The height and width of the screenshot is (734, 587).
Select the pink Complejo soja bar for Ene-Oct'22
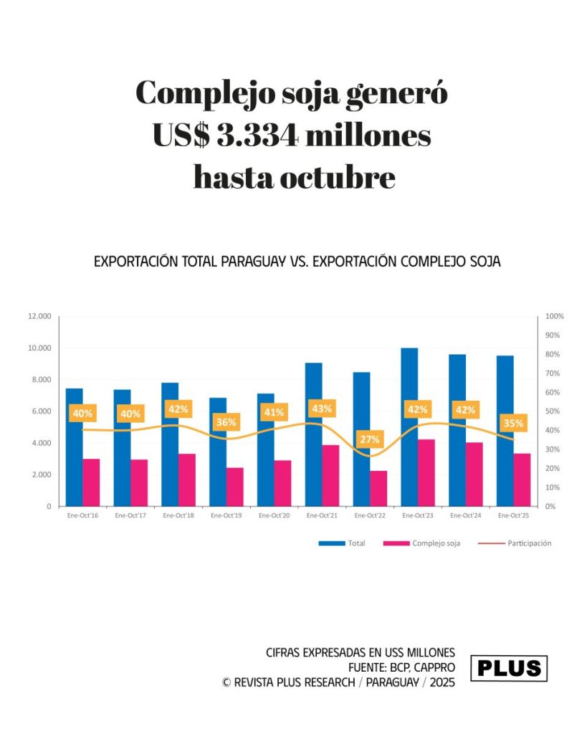pyautogui.click(x=378, y=488)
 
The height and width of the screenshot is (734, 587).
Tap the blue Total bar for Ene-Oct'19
pyautogui.click(x=218, y=452)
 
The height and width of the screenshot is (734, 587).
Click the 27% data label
pyautogui.click(x=370, y=439)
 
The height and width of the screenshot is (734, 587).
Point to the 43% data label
pyautogui.click(x=322, y=409)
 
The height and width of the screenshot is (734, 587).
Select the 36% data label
pyautogui.click(x=226, y=422)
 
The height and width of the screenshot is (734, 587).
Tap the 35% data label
pyautogui.click(x=513, y=423)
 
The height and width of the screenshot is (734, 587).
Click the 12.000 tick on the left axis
pyautogui.click(x=39, y=316)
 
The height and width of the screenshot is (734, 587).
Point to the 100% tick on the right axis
pyautogui.click(x=555, y=316)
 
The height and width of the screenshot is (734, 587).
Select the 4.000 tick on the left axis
pyautogui.click(x=42, y=443)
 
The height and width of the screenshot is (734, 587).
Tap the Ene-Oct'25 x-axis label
pyautogui.click(x=512, y=515)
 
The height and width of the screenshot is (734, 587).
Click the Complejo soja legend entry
pyautogui.click(x=436, y=543)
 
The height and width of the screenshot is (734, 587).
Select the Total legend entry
pyautogui.click(x=356, y=543)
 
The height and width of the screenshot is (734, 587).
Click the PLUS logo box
pyautogui.click(x=509, y=668)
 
